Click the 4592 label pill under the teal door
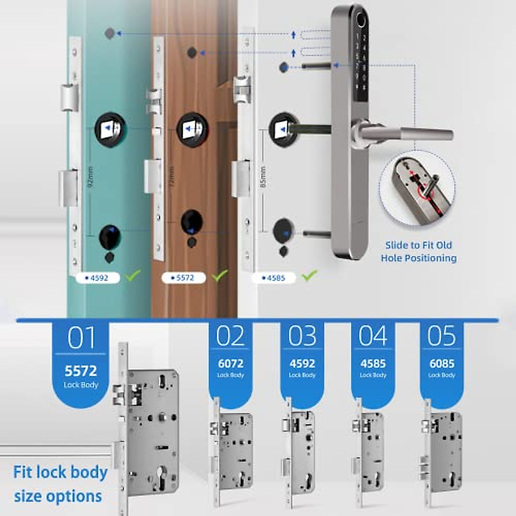click(98, 278)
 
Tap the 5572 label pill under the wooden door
click(184, 278)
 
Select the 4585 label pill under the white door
click(274, 278)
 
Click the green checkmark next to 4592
click(132, 275)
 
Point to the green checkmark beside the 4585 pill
click(309, 275)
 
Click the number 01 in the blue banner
click(81, 338)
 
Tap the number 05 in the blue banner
click(441, 336)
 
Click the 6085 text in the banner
click(442, 363)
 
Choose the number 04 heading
click(373, 336)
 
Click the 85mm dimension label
click(263, 177)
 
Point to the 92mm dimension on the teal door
click(90, 177)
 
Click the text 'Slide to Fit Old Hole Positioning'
click(418, 252)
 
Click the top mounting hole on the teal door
click(110, 34)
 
